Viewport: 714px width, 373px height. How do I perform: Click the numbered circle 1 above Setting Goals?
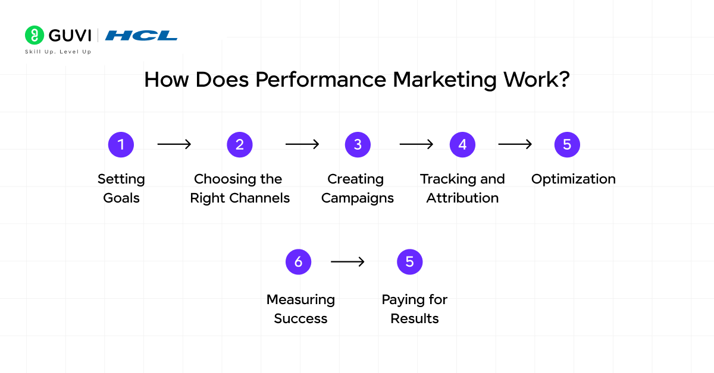tap(121, 144)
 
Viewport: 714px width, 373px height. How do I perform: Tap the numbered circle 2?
tap(240, 144)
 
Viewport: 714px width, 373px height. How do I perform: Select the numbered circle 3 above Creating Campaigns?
tap(358, 144)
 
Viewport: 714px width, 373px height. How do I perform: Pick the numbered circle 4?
tap(462, 144)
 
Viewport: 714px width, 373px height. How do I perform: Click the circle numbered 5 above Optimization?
tap(567, 144)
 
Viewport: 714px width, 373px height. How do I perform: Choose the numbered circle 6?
tap(298, 261)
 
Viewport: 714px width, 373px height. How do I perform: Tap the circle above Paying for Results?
tap(409, 261)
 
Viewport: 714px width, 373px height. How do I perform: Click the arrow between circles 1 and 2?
tap(174, 144)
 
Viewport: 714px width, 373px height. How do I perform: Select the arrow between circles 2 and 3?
tap(302, 144)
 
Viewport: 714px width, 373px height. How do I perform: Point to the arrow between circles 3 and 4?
tap(416, 144)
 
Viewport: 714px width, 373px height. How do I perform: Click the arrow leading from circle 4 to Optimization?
tap(515, 144)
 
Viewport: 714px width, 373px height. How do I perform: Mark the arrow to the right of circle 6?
tap(347, 261)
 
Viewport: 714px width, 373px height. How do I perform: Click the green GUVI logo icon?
tap(35, 35)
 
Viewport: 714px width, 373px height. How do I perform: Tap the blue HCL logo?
tap(142, 36)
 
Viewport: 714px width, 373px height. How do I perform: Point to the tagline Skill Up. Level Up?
tap(58, 52)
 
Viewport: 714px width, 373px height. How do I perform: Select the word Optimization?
tap(573, 179)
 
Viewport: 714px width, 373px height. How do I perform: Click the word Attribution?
tap(462, 198)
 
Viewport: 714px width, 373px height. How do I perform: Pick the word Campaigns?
tap(358, 198)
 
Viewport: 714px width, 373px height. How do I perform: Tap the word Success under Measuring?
tap(300, 318)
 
